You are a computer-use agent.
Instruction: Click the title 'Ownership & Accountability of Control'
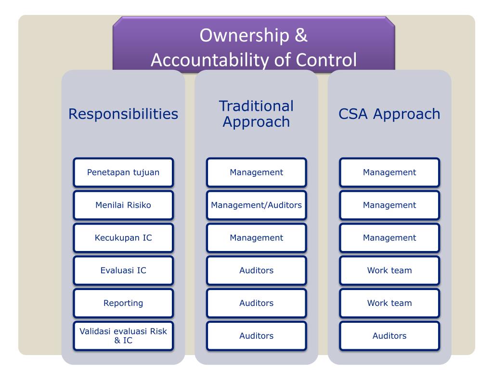click(x=254, y=47)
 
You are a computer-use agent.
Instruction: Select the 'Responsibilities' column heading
click(x=123, y=114)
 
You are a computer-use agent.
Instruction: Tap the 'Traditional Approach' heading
click(x=256, y=114)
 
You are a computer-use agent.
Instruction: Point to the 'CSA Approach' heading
click(x=389, y=114)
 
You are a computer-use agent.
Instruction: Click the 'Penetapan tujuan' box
click(x=123, y=172)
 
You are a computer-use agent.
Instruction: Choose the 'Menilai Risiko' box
click(x=123, y=205)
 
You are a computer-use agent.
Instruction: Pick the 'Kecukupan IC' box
click(x=123, y=238)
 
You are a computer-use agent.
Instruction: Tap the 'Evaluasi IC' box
click(x=123, y=271)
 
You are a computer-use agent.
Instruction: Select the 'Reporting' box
click(x=123, y=304)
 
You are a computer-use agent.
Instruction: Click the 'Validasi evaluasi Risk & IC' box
click(x=123, y=336)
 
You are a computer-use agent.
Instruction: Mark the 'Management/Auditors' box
click(x=256, y=205)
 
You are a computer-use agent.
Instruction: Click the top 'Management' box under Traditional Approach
click(x=256, y=172)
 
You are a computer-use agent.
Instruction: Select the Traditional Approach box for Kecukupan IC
click(x=256, y=238)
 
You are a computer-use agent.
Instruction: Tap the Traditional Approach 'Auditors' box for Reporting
click(x=256, y=304)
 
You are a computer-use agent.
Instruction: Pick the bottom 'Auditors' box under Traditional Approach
click(x=256, y=336)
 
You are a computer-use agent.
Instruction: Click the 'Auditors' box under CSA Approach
click(x=389, y=336)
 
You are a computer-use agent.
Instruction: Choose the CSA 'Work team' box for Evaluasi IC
click(x=389, y=271)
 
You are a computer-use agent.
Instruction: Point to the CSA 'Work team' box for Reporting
click(x=389, y=304)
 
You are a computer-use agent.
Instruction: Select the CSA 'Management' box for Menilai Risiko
click(x=389, y=205)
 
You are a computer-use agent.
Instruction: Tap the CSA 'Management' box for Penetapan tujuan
click(x=389, y=172)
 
